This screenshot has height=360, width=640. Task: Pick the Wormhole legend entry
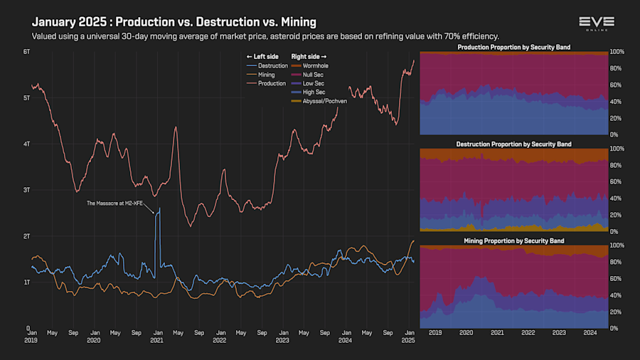click(314, 65)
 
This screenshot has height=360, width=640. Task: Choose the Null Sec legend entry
click(314, 75)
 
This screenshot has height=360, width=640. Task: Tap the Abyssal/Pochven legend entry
click(324, 102)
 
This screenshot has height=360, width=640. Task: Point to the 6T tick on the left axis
click(26, 52)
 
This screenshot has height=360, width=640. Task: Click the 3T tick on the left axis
click(26, 190)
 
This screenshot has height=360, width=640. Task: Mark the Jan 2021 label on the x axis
click(157, 336)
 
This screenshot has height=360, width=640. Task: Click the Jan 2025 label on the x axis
click(408, 336)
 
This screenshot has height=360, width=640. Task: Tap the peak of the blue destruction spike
click(159, 208)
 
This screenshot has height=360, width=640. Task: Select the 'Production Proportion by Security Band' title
click(513, 48)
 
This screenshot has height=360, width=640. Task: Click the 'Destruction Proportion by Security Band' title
click(513, 144)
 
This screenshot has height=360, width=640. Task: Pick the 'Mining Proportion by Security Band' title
click(513, 241)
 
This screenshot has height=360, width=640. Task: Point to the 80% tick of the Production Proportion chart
click(617, 69)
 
